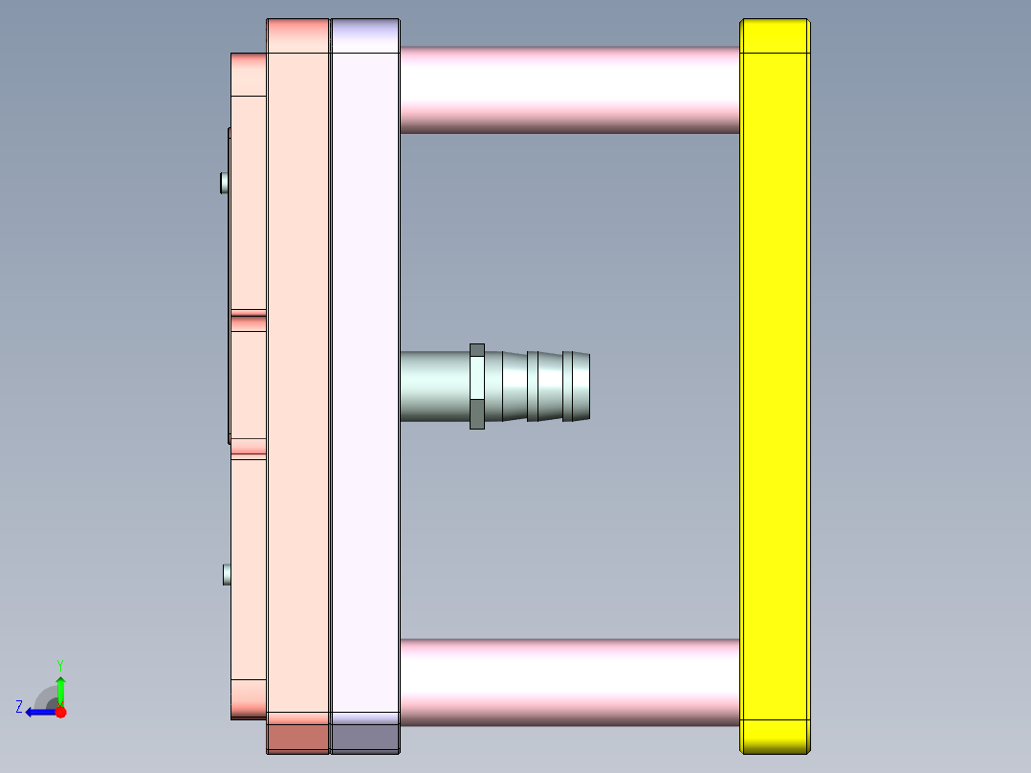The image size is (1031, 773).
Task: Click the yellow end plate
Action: [x=775, y=383]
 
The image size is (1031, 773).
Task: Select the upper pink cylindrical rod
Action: [x=569, y=89]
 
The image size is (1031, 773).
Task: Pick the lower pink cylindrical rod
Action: [x=569, y=681]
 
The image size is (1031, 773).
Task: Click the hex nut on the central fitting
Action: [x=477, y=386]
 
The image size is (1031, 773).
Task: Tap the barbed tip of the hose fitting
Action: [x=576, y=386]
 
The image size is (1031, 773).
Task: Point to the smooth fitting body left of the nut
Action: [x=435, y=386]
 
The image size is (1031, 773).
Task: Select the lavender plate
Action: [x=364, y=383]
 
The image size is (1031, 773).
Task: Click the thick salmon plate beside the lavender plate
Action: [x=298, y=383]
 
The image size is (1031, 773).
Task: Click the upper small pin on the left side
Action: [x=225, y=182]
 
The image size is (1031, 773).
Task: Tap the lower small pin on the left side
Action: [x=227, y=574]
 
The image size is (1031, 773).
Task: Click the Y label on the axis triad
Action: [x=59, y=664]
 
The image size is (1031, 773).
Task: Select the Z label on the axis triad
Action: [x=19, y=707]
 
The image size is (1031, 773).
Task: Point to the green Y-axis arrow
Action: [x=60, y=689]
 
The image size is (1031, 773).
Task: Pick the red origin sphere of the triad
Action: [x=60, y=712]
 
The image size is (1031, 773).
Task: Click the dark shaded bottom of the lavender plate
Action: [x=364, y=738]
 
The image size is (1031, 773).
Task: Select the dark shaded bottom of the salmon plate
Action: [x=298, y=738]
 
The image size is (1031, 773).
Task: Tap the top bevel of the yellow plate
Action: [x=775, y=35]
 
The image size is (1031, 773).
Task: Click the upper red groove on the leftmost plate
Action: [x=248, y=313]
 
